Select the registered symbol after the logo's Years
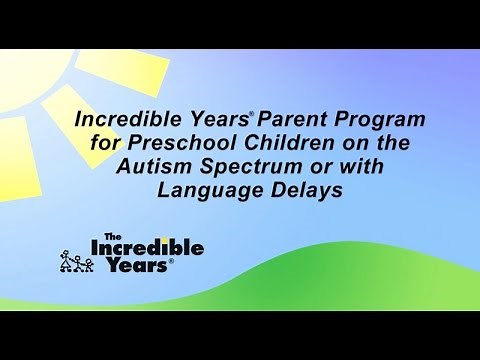point(171,261)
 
